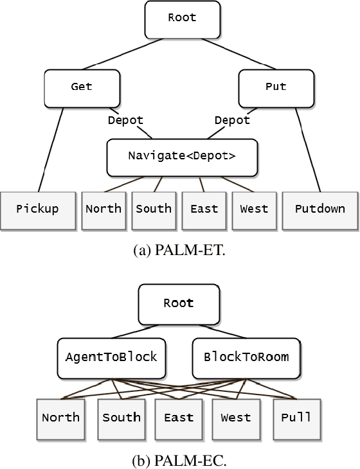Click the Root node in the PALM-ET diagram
(x=181, y=19)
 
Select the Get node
(x=82, y=87)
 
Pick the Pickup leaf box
(x=38, y=209)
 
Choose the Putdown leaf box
(x=319, y=209)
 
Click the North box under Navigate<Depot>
(x=104, y=209)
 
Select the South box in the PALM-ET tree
(x=154, y=209)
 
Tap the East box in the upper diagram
(x=204, y=209)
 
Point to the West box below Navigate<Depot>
(x=254, y=209)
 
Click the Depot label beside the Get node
(x=125, y=121)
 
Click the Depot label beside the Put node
(x=232, y=121)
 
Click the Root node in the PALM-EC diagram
(x=179, y=303)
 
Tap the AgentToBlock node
(x=111, y=357)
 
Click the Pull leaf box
(x=296, y=418)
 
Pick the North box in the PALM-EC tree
(x=61, y=418)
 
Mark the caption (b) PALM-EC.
(x=179, y=457)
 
